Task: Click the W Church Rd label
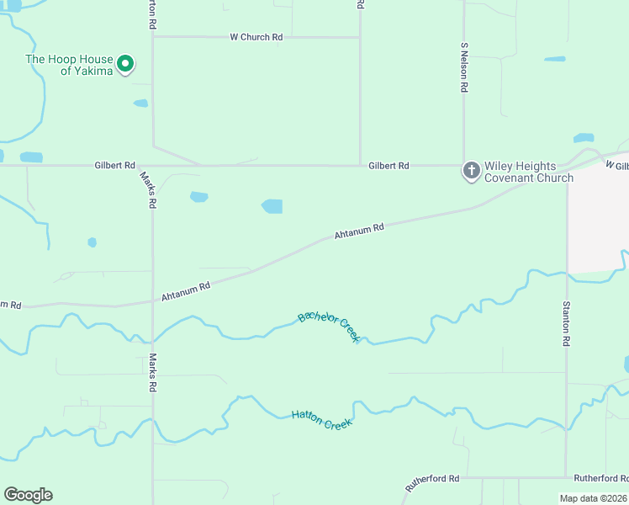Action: point(256,37)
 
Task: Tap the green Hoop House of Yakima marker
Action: point(125,63)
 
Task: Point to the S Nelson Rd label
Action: point(463,66)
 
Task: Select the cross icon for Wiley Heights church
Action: point(471,171)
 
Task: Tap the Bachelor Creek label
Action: point(329,327)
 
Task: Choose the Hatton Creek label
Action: point(320,418)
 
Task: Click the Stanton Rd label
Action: point(567,325)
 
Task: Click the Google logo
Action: point(28,495)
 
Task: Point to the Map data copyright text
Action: point(594,498)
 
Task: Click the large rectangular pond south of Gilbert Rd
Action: point(272,206)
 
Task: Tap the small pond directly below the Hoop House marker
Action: point(140,104)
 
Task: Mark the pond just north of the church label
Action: point(583,138)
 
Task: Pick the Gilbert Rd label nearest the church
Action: point(388,166)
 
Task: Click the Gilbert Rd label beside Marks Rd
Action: point(115,166)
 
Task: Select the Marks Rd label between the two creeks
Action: point(153,374)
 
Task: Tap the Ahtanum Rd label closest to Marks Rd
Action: point(185,289)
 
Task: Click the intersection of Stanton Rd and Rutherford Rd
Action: point(567,477)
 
